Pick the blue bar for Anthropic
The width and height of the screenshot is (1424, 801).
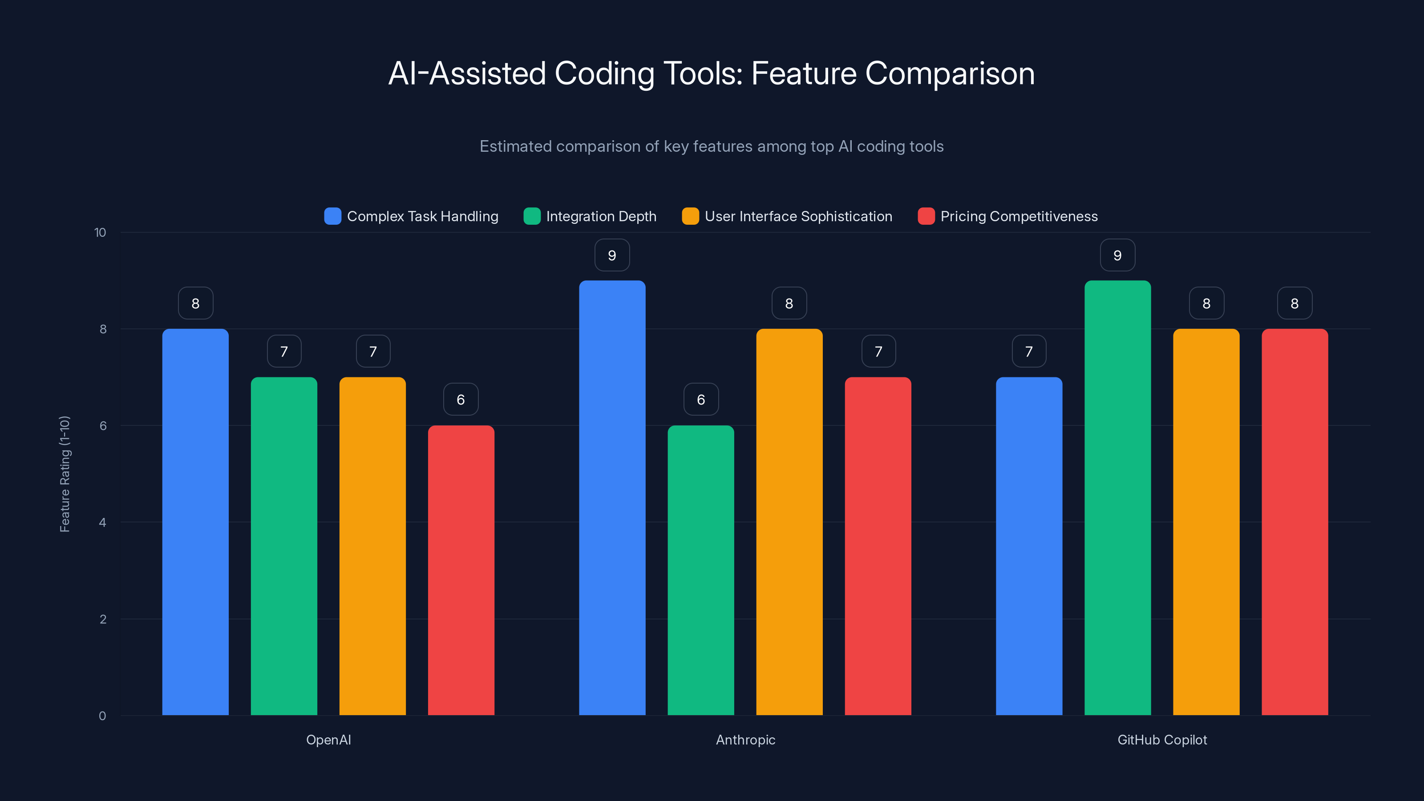[612, 498]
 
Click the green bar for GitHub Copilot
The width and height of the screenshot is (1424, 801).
[1117, 498]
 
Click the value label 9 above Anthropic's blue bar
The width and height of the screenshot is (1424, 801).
[612, 255]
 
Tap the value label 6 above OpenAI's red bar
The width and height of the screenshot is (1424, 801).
[461, 400]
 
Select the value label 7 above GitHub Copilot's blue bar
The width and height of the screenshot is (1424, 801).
[1029, 352]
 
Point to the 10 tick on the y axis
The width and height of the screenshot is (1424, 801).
[100, 232]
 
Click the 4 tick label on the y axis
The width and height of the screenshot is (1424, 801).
[102, 522]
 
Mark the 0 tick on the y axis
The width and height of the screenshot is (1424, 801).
[102, 716]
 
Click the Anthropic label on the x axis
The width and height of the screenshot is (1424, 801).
[745, 740]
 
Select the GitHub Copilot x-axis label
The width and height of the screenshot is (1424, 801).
[1162, 740]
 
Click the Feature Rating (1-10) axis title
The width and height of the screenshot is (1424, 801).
[65, 474]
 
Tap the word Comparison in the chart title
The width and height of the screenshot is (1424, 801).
[949, 73]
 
